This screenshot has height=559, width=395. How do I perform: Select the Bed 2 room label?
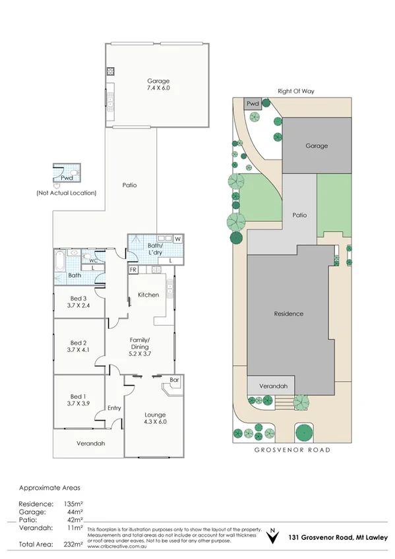click(79, 347)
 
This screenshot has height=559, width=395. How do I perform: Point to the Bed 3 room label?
click(79, 302)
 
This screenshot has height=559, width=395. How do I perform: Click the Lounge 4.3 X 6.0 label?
click(156, 419)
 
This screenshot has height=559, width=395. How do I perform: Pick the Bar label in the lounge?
click(174, 380)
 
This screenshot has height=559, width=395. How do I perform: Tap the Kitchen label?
click(148, 295)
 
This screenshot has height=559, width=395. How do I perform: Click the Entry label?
click(115, 408)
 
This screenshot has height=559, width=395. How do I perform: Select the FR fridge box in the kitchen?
click(133, 270)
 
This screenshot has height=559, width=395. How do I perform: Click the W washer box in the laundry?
click(178, 238)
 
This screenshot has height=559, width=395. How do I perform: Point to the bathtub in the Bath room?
click(60, 262)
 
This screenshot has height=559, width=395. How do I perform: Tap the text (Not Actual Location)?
click(67, 192)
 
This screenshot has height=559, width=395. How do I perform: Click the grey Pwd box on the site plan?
click(253, 104)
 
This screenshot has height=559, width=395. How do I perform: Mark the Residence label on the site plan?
click(288, 314)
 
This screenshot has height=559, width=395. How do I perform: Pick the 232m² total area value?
click(73, 544)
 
